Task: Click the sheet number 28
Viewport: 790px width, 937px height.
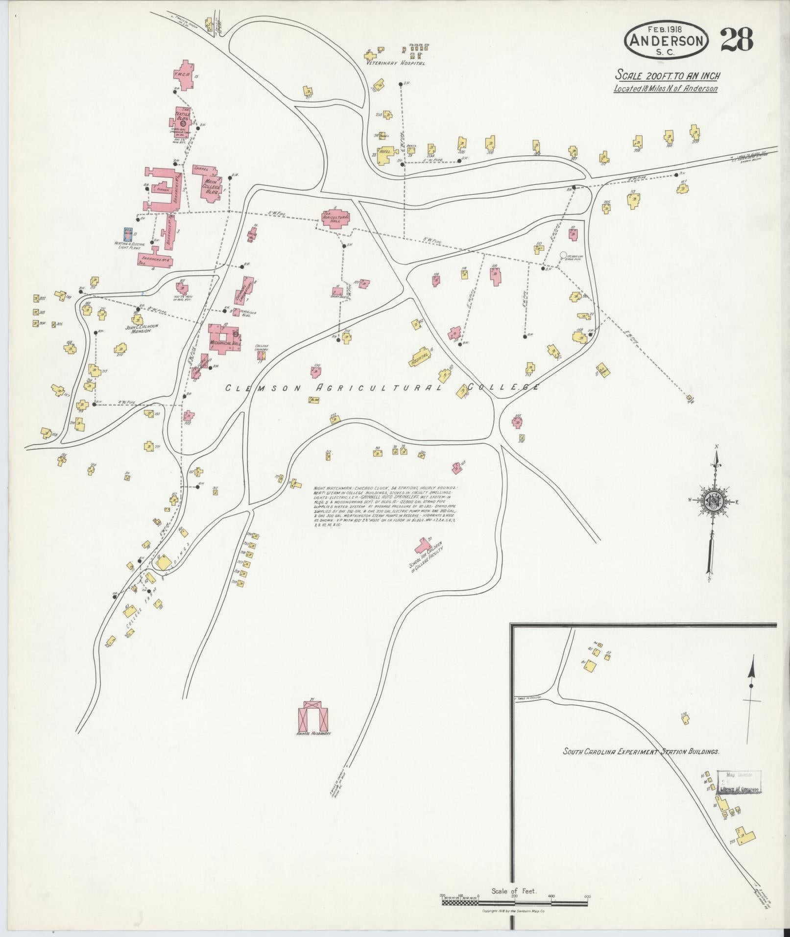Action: tap(736, 40)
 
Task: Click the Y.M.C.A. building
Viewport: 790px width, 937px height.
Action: tap(185, 75)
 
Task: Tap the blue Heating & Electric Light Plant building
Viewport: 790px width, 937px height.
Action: tap(128, 235)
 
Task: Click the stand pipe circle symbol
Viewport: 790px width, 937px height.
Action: tap(563, 255)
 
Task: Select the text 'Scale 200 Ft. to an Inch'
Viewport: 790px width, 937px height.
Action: tap(667, 75)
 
